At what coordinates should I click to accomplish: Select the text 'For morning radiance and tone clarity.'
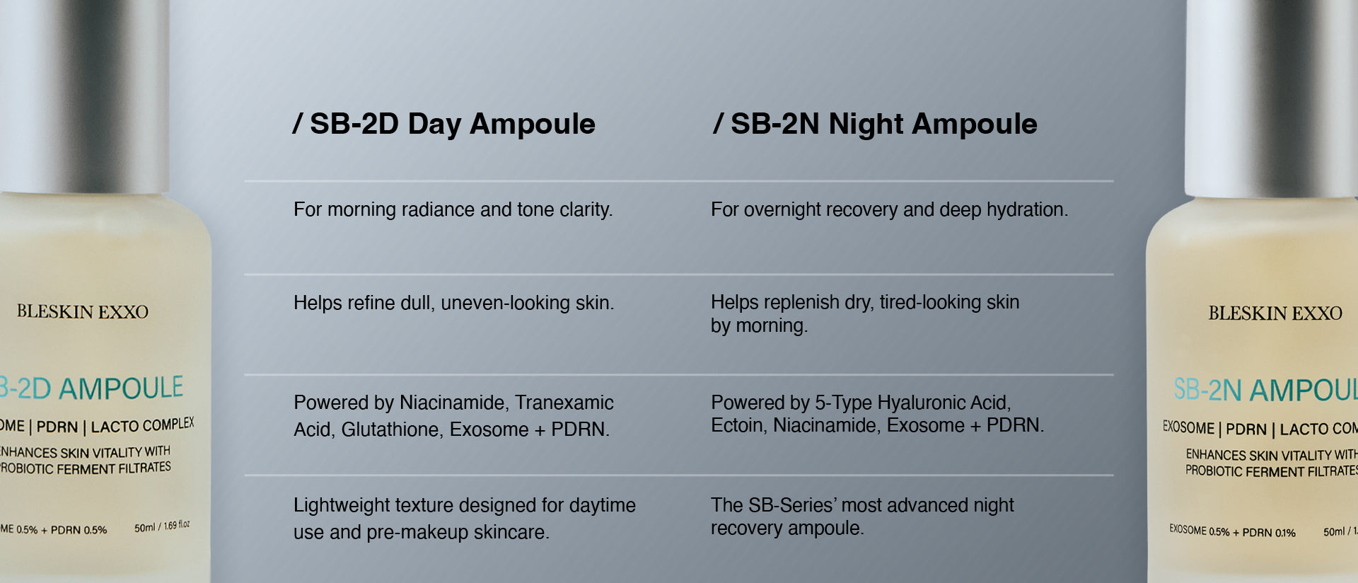(453, 209)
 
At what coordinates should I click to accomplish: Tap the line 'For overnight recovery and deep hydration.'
(889, 209)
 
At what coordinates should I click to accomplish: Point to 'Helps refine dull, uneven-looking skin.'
(453, 303)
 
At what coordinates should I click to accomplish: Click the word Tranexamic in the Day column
(564, 403)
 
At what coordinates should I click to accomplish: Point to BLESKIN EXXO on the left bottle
(83, 312)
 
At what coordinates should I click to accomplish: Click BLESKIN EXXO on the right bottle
(1275, 313)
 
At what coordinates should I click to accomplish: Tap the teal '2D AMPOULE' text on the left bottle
(100, 388)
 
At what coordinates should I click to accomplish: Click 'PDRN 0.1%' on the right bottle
(1269, 533)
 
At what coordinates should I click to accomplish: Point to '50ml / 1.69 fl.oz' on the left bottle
(162, 526)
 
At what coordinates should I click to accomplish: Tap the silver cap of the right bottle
(1272, 98)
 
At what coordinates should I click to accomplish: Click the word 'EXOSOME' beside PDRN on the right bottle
(1188, 428)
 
